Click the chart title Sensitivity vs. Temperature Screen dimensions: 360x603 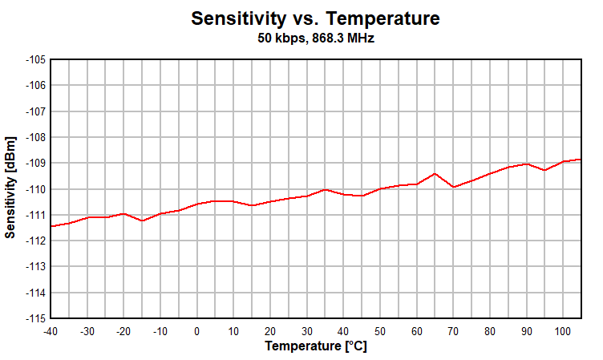tap(316, 18)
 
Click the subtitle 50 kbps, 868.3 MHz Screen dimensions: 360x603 tap(316, 38)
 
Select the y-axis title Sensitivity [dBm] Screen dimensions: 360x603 tap(10, 188)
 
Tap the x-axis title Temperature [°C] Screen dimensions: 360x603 tap(316, 346)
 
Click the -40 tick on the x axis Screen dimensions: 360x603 tap(50, 331)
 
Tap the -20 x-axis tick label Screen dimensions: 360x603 tap(123, 331)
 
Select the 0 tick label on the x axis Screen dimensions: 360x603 tap(197, 331)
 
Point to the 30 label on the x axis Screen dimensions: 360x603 tap(307, 331)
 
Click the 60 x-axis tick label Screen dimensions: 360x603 tap(417, 331)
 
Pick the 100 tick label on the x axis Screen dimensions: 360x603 tap(563, 331)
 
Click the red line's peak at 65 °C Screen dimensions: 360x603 tap(435, 173)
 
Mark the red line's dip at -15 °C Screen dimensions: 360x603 tap(142, 220)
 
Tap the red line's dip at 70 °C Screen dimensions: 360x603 tap(454, 187)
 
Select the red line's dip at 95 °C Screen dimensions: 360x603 tap(545, 170)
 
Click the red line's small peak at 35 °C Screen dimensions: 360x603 tap(326, 189)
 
